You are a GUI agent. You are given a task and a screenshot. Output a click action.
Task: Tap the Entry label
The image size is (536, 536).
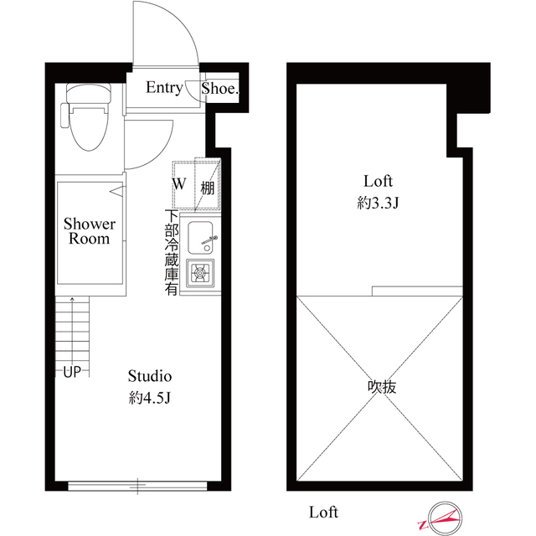[x=164, y=87]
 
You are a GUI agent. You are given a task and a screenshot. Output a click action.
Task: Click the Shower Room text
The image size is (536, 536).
[x=90, y=231]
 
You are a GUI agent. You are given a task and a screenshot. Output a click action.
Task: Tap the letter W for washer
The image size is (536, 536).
[x=179, y=183]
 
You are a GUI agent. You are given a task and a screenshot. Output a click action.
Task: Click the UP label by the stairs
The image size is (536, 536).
[x=70, y=372]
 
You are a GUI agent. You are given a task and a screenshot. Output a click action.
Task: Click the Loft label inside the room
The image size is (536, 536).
[x=378, y=180]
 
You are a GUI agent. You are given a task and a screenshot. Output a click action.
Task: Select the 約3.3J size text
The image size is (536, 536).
[x=378, y=204]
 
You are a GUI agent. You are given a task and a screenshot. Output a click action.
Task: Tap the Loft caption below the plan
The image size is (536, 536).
[x=323, y=511]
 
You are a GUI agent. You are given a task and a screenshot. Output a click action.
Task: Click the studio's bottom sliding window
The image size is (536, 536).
[x=138, y=483]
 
